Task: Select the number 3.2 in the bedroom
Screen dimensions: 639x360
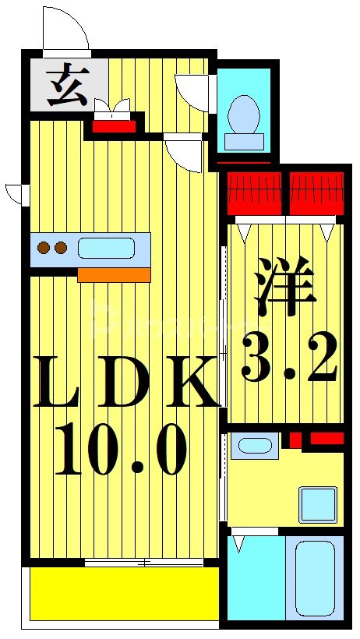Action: pos(289,356)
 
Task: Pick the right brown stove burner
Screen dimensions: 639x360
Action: pos(61,249)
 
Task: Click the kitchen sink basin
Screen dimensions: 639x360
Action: pos(105,249)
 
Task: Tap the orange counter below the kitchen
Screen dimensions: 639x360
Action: pos(114,274)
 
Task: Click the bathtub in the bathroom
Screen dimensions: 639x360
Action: pos(316,577)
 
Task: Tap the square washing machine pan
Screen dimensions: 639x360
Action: pos(318,504)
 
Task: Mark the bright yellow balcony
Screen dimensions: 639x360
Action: pos(125,592)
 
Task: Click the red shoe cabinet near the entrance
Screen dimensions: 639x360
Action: pos(115,125)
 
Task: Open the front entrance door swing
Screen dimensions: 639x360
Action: pos(65,30)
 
